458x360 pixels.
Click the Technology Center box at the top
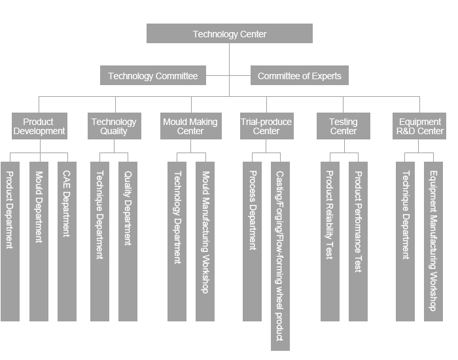[x=229, y=34]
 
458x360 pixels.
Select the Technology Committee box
[x=153, y=76]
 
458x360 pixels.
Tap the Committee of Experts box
[x=300, y=76]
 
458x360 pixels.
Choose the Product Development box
[x=39, y=126]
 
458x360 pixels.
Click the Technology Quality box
[x=114, y=126]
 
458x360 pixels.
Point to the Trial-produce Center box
[x=266, y=126]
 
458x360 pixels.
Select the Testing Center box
[x=343, y=126]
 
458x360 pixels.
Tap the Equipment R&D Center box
[x=420, y=126]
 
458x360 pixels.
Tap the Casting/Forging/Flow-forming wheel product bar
[x=280, y=255]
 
